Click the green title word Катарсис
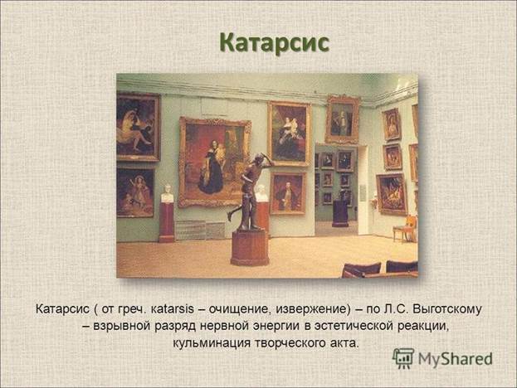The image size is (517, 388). click(275, 43)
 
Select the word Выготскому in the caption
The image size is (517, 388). click(446, 309)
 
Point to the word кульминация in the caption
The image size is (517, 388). click(212, 343)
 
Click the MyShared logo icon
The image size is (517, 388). click(403, 358)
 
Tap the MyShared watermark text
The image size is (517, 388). click(456, 359)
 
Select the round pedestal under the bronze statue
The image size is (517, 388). click(250, 248)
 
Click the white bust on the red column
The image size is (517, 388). click(167, 194)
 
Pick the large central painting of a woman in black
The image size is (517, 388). click(214, 162)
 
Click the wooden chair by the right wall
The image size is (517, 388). click(405, 229)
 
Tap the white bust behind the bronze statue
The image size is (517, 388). click(261, 194)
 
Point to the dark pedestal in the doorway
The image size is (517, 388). click(340, 212)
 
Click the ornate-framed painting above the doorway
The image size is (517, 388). click(342, 119)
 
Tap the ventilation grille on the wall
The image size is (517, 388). click(200, 230)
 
